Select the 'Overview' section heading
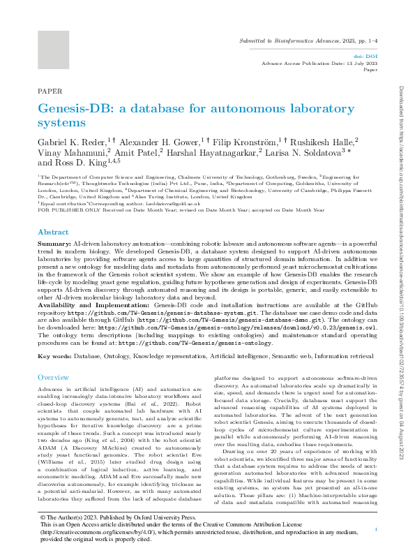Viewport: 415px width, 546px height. click(54, 377)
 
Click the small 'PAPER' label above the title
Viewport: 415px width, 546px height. click(50, 91)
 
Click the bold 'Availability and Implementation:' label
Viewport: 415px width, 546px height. click(93, 306)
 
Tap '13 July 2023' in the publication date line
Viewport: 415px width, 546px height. click(362, 63)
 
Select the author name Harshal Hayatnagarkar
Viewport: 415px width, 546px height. click(216, 152)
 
